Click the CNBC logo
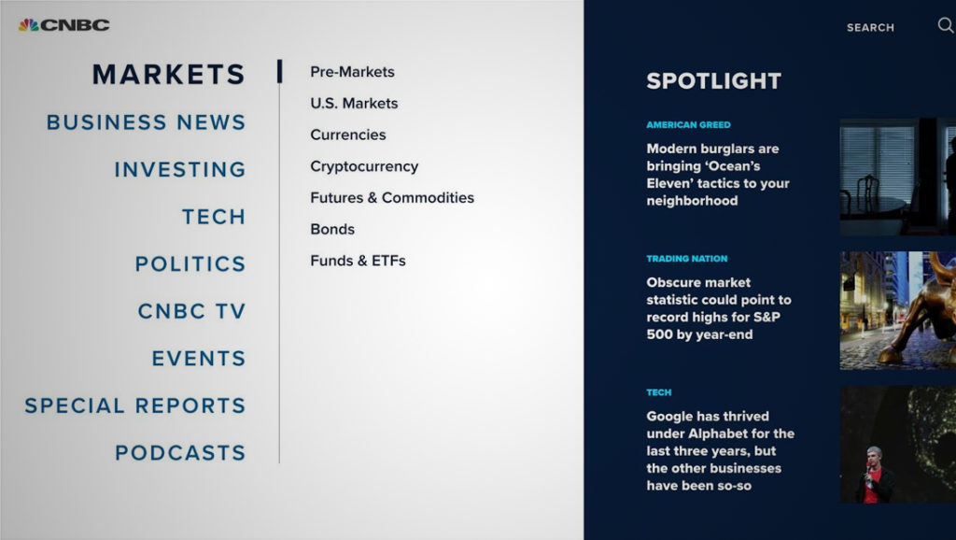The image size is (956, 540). tap(63, 24)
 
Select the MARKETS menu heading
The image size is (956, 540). tap(168, 74)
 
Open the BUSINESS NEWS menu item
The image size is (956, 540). tap(146, 122)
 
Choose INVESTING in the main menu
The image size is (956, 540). tap(179, 169)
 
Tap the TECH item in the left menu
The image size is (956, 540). tap(214, 217)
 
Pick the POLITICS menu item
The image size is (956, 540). tap(190, 263)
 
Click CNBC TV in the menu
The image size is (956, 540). tap(191, 311)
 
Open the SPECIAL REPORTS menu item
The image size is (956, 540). tap(134, 405)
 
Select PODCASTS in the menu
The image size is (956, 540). tap(180, 453)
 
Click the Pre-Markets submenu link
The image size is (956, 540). tap(352, 72)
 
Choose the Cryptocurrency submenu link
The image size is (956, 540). tap(364, 166)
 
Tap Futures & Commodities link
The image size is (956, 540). tap(392, 198)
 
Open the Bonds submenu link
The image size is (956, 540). tap(332, 229)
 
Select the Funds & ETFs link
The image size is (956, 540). tap(358, 261)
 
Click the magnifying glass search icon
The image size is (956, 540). tap(945, 26)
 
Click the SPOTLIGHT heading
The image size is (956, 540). tap(713, 81)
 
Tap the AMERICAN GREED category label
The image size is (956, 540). tap(688, 125)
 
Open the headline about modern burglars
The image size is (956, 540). tap(718, 175)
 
